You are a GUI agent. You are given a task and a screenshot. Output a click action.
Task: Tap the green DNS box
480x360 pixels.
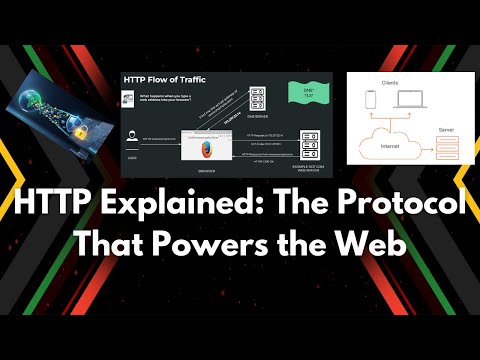(296, 98)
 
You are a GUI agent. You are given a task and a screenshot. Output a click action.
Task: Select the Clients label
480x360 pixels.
(392, 82)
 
